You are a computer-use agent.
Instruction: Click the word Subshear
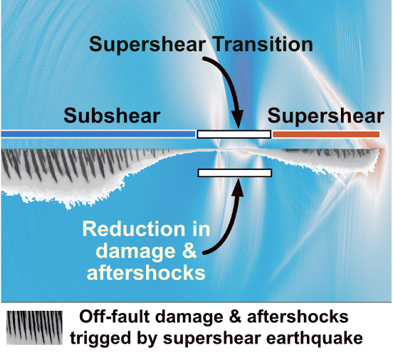112,116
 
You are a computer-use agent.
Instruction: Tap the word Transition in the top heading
263,44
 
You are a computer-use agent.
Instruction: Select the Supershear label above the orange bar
326,117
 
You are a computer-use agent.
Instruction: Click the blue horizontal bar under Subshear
98,134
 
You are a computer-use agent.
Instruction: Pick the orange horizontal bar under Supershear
326,134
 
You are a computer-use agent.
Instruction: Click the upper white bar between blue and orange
234,134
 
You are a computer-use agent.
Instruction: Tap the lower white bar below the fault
235,173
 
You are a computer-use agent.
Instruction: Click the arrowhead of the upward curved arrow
237,187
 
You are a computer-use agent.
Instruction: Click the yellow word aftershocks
146,272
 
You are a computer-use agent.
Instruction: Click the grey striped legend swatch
34,328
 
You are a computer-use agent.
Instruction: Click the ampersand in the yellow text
189,251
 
